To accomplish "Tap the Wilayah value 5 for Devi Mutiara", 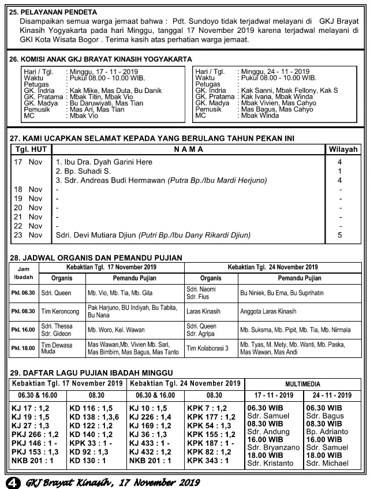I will pos(340,235).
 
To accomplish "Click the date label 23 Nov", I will pos(28,235).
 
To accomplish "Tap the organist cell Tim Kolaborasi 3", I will pos(207,348).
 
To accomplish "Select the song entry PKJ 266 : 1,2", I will pos(36,434).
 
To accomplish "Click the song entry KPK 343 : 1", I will pos(208,461).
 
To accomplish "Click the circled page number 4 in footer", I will pos(10,481).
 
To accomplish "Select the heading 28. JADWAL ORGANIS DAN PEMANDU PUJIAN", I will pos(96,257).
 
